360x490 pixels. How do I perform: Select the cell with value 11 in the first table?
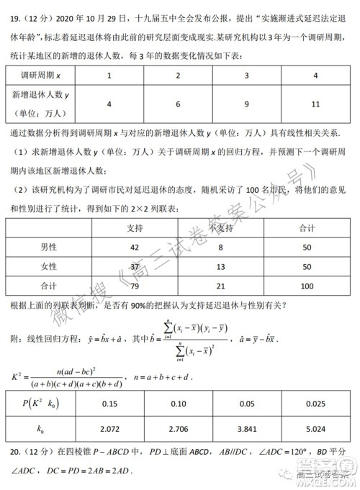(x=314, y=104)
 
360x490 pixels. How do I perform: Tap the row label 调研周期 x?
(x=42, y=76)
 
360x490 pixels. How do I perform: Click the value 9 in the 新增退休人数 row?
(x=246, y=104)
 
